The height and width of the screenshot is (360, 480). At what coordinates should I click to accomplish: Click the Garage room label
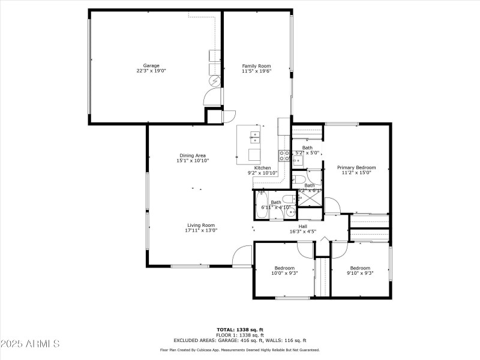tap(151, 65)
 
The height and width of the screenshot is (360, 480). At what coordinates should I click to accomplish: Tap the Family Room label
tap(256, 65)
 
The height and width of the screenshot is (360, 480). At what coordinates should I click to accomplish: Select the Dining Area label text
tap(193, 155)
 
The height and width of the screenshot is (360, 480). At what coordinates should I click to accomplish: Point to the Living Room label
tap(201, 225)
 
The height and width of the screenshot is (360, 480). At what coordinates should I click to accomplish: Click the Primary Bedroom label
tap(356, 167)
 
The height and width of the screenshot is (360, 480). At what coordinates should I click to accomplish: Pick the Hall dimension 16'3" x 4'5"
tap(303, 231)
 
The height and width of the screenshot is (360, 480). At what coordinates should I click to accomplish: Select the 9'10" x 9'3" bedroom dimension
tap(361, 273)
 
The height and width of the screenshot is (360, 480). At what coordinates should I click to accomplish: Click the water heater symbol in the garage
tap(215, 81)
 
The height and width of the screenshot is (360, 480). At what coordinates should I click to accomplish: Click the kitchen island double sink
tap(256, 139)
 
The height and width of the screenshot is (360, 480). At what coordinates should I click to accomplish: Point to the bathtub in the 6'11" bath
tap(262, 205)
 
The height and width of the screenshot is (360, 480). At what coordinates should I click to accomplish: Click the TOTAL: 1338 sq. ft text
tap(239, 329)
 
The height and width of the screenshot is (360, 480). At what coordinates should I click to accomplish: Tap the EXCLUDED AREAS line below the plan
tap(239, 340)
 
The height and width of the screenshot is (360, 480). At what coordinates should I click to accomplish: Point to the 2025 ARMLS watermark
tap(30, 344)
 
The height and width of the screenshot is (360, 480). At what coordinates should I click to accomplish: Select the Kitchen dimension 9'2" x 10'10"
tap(263, 173)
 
